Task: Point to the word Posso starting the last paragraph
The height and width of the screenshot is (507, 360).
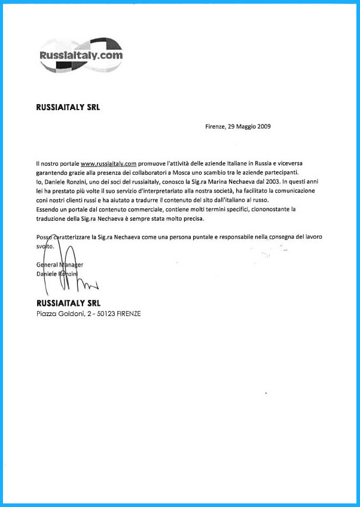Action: click(44, 238)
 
